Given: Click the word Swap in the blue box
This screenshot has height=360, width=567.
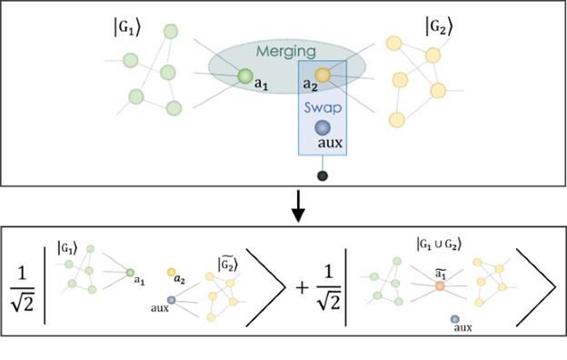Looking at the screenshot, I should pos(322,108).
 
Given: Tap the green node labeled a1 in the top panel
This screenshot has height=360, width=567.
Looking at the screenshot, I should pos(244,76).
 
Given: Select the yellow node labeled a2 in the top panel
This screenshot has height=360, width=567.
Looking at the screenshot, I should pos(323,75).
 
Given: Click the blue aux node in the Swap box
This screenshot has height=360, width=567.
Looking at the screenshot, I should pos(323,128).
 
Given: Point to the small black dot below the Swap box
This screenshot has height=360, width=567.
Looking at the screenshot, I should pos(322,175).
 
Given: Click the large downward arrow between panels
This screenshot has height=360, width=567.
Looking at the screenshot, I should pos(296,212).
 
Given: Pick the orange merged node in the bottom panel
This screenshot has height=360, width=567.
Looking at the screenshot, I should pos(440,285).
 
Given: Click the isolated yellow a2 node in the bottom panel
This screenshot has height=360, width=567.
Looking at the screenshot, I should pos(171,272).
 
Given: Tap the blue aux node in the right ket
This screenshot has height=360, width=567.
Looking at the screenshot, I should pos(454,319).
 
